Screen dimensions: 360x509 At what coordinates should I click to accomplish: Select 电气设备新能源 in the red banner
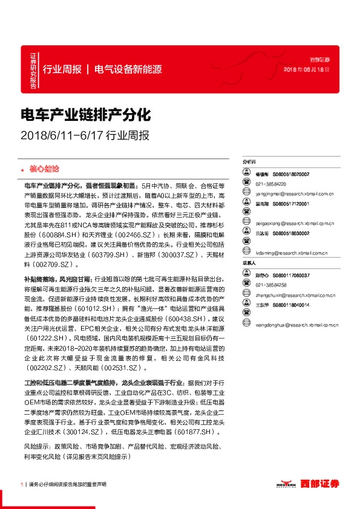coord(128,69)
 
